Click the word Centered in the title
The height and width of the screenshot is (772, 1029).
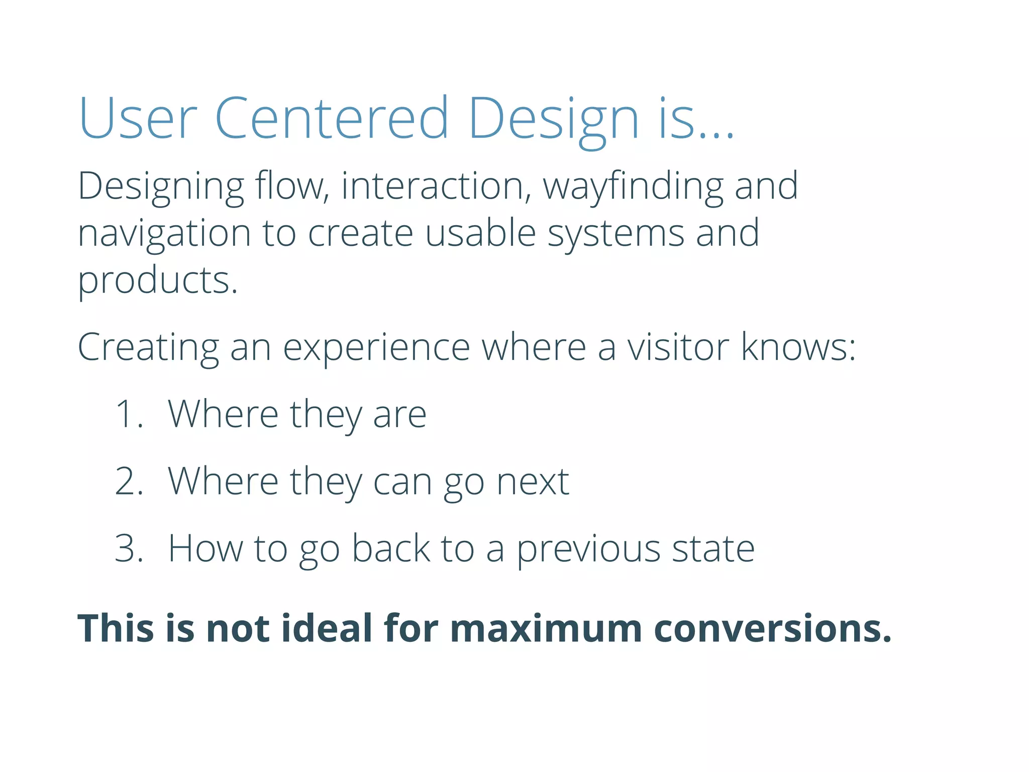pyautogui.click(x=332, y=118)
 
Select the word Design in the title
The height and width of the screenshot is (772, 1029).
pyautogui.click(x=553, y=118)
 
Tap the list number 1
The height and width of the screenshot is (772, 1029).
pyautogui.click(x=129, y=415)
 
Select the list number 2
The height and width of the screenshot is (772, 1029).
pyautogui.click(x=129, y=481)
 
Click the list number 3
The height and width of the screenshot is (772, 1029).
pyautogui.click(x=129, y=548)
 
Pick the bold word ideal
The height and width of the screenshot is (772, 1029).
pyautogui.click(x=326, y=629)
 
